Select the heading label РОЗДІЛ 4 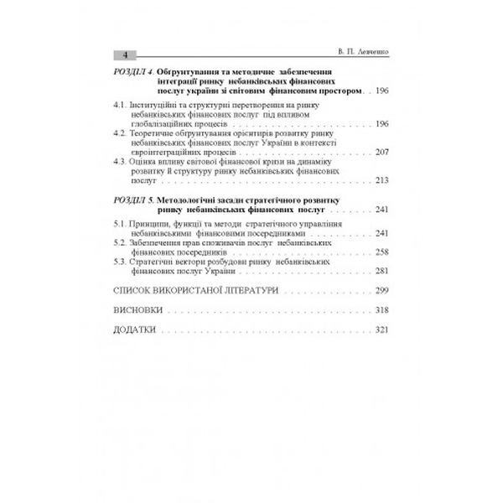pos(132,73)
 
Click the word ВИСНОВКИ pos(138,310)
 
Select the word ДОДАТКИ pos(135,329)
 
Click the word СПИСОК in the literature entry pos(132,290)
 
